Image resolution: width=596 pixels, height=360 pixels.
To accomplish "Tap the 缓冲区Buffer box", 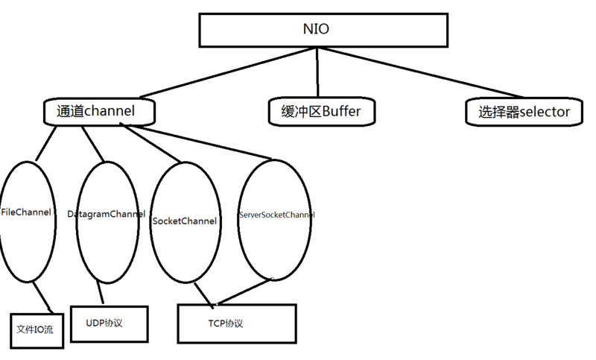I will point(320,112).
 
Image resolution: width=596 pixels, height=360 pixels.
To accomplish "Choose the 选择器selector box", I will point(524,112).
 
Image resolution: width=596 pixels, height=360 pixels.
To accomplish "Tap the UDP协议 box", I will point(109,323).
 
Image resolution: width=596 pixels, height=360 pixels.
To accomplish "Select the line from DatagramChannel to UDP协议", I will point(98,294).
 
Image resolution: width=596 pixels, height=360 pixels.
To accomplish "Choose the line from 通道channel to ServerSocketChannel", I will point(201,143).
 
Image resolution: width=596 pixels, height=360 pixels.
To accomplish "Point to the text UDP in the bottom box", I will point(95,323).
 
